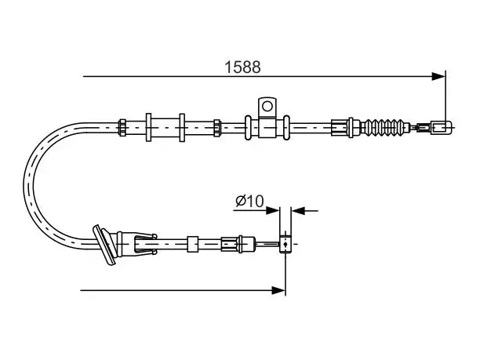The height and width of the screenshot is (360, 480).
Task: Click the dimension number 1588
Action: tap(242, 67)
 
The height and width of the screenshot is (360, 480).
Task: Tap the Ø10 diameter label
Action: tap(249, 201)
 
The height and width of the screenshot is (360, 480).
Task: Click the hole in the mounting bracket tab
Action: tap(267, 106)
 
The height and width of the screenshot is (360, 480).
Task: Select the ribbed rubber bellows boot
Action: tap(385, 127)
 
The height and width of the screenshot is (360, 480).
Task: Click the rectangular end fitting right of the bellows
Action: tap(441, 127)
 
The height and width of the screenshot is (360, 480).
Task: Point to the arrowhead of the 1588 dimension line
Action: tap(438, 76)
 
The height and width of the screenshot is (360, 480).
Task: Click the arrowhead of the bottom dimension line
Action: tap(278, 290)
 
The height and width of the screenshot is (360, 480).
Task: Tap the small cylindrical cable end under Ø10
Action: tap(285, 244)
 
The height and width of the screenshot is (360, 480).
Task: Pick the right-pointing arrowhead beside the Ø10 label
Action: tap(273, 211)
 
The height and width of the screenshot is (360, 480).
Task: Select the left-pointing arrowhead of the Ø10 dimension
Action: tap(298, 211)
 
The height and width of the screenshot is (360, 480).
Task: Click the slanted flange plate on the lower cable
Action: tap(104, 245)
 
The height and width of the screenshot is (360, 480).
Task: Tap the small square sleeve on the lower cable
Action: tap(193, 244)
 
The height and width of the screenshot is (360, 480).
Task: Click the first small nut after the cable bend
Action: tap(122, 127)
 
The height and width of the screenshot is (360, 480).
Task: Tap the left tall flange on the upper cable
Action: tap(148, 127)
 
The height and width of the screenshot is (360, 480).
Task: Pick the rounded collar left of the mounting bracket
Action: tap(248, 127)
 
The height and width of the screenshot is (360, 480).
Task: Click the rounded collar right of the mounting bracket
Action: tap(286, 127)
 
